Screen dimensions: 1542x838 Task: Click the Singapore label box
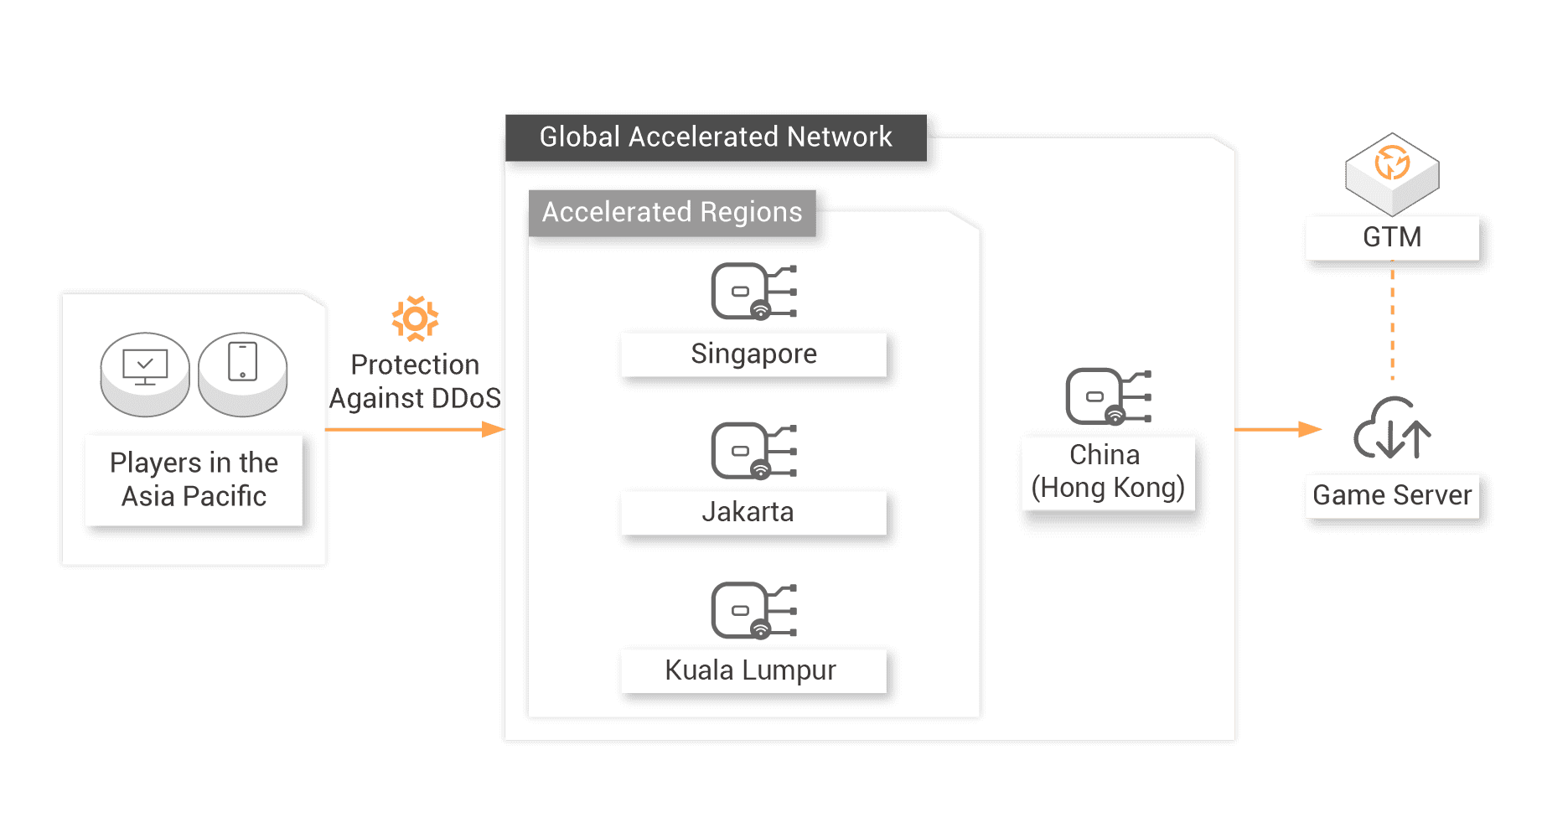click(x=753, y=354)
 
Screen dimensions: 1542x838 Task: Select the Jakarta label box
click(x=753, y=512)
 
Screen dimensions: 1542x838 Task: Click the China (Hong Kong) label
click(x=1108, y=472)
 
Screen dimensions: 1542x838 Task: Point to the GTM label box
click(x=1392, y=237)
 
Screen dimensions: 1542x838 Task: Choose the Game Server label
click(x=1392, y=495)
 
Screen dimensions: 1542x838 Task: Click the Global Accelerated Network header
click(x=716, y=137)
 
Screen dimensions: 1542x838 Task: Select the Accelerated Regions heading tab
click(x=672, y=213)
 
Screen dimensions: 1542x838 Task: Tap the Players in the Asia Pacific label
click(x=194, y=479)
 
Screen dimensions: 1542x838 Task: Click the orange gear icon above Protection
click(x=415, y=318)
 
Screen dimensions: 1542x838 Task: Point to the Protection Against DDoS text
click(x=415, y=381)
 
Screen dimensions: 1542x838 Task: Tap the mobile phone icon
click(x=243, y=363)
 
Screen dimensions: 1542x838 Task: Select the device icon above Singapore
click(x=753, y=292)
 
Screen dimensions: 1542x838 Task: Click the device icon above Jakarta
click(x=753, y=451)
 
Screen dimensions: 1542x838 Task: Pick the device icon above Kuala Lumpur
click(x=753, y=610)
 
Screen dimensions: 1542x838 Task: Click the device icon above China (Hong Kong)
click(x=1108, y=396)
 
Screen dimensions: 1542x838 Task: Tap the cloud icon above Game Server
click(x=1392, y=429)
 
